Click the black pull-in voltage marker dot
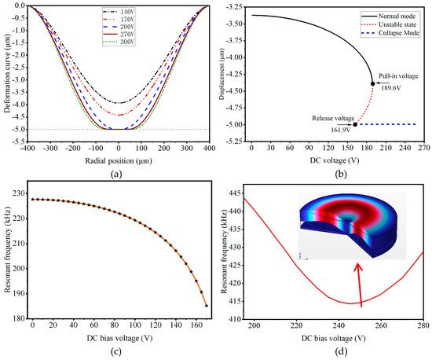click(372, 83)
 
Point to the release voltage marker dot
click(354, 124)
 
